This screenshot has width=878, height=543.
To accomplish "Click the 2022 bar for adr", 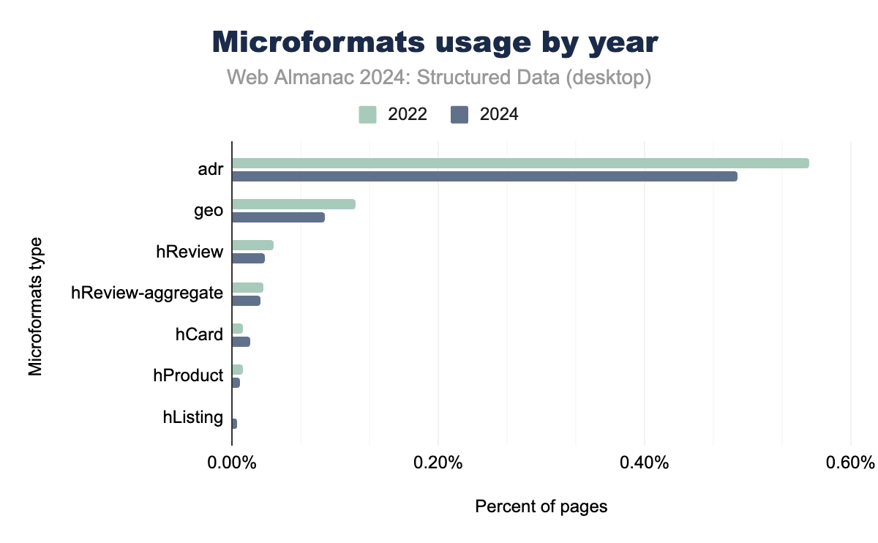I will pyautogui.click(x=520, y=163).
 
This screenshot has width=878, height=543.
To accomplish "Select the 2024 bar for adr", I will pyautogui.click(x=484, y=176).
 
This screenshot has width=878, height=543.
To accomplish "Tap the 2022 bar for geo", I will pyautogui.click(x=293, y=204).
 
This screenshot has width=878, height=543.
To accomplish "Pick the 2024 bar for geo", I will pyautogui.click(x=278, y=217).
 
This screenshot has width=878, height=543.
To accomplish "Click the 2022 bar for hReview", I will pyautogui.click(x=252, y=245).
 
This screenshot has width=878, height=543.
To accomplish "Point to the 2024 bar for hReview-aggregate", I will pyautogui.click(x=246, y=301).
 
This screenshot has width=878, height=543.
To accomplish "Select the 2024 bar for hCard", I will pyautogui.click(x=241, y=342).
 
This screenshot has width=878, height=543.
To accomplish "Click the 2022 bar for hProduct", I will pyautogui.click(x=237, y=370).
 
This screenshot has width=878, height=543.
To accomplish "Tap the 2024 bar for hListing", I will pyautogui.click(x=234, y=424).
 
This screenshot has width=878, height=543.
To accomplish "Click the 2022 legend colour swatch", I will pyautogui.click(x=367, y=114).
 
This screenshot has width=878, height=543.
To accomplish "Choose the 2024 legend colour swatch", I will pyautogui.click(x=459, y=114).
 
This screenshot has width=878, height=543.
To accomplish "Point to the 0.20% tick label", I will pyautogui.click(x=438, y=463).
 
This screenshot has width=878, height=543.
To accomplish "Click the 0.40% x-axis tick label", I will pyautogui.click(x=644, y=463).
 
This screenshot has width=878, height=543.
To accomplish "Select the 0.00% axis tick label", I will pyautogui.click(x=232, y=463).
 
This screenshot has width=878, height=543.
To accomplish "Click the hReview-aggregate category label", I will pyautogui.click(x=147, y=293).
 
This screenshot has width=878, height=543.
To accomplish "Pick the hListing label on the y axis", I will pyautogui.click(x=193, y=418).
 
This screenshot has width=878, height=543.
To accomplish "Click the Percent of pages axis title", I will pyautogui.click(x=541, y=506).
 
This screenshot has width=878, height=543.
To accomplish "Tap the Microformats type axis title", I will pyautogui.click(x=36, y=305).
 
